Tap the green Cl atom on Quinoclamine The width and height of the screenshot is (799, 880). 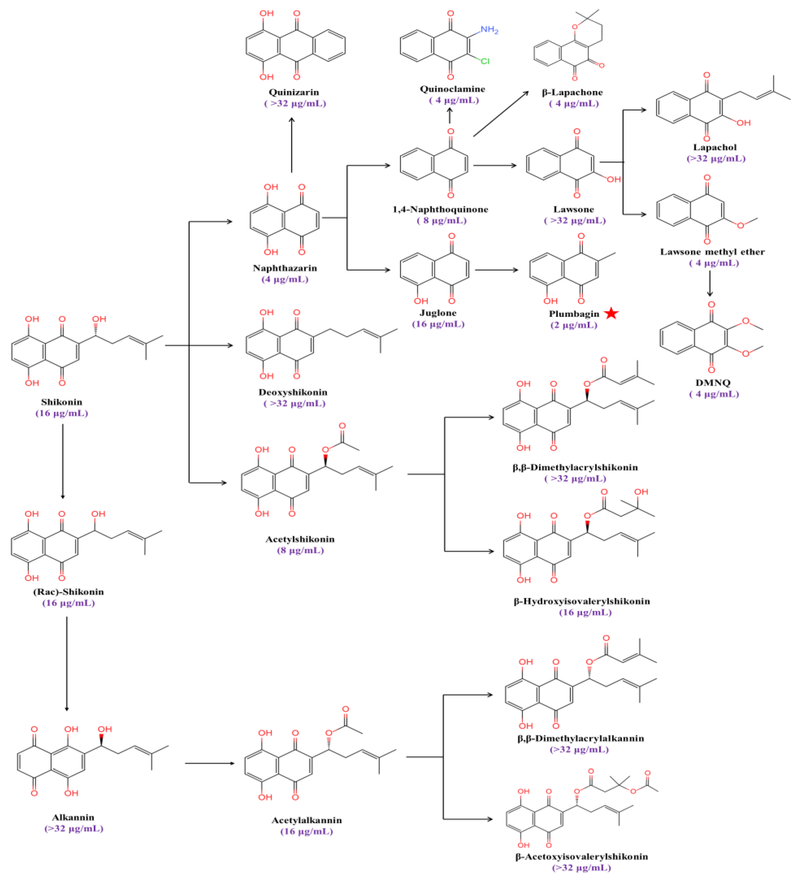485,61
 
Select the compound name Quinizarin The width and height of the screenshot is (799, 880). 293,92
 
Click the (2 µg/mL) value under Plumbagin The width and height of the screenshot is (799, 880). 574,325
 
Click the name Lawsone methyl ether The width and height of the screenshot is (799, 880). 712,252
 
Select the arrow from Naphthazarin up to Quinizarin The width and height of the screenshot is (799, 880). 292,144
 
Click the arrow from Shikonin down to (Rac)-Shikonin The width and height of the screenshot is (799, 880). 63,460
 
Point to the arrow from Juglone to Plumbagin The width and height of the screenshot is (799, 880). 496,270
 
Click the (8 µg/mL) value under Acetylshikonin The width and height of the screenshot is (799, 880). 300,550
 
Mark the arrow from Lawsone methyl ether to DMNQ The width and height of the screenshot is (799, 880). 710,283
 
